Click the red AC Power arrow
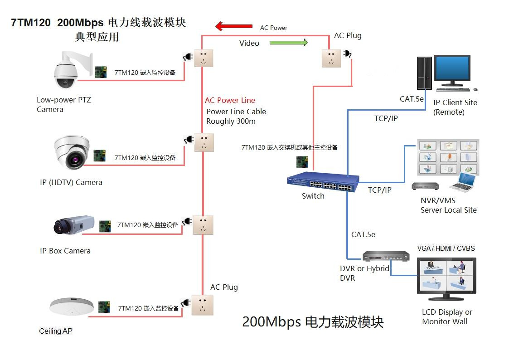coord(233,27)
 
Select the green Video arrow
coord(289,43)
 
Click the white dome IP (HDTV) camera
coord(72,153)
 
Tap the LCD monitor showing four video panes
coord(446,277)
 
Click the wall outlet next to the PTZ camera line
coord(204,58)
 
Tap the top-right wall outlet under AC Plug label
coord(331,58)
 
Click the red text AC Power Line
coord(230,100)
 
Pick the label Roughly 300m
coord(231,121)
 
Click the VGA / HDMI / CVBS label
coord(446,248)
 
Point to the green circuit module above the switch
coord(302,161)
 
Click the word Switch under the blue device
coord(313,196)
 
